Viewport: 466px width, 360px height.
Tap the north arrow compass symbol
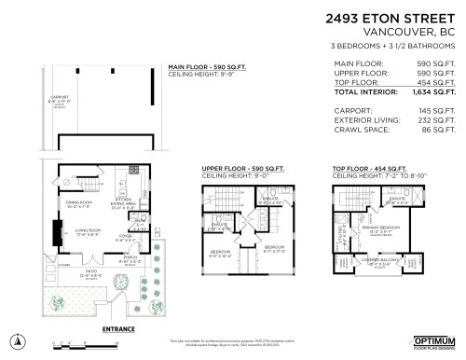(x=15, y=341)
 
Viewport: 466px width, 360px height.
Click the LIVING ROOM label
(x=89, y=230)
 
